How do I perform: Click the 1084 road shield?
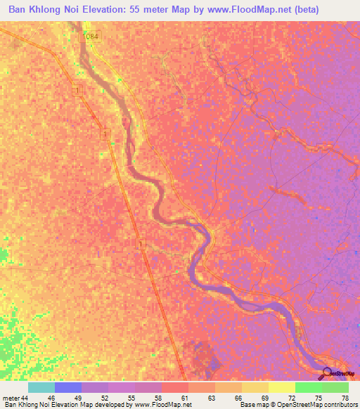(x=91, y=36)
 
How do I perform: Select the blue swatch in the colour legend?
(x=67, y=387)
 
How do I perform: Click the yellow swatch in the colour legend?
(x=282, y=387)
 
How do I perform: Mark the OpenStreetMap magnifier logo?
(x=328, y=372)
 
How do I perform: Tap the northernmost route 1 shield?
(x=75, y=91)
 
